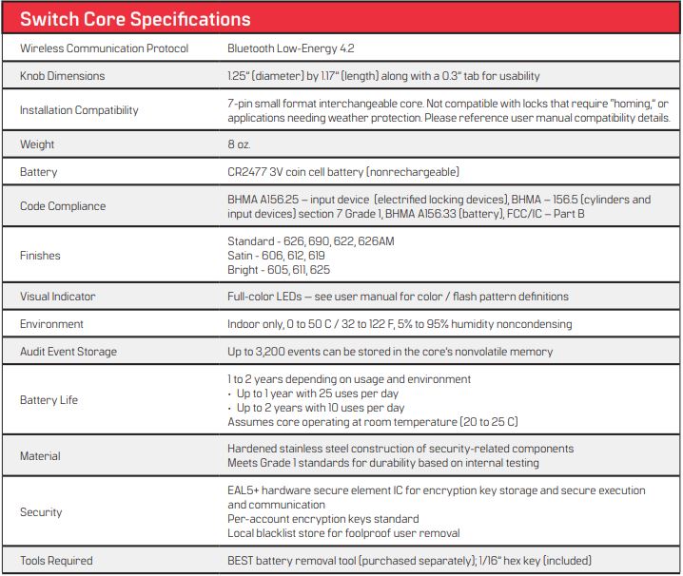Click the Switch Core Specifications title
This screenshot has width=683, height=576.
pyautogui.click(x=135, y=19)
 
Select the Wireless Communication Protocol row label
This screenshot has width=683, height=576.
pyautogui.click(x=104, y=48)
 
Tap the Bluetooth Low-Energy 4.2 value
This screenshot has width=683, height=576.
pyautogui.click(x=290, y=48)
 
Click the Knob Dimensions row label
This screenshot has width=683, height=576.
pyautogui.click(x=62, y=76)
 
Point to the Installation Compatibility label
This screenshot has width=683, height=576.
pyautogui.click(x=79, y=110)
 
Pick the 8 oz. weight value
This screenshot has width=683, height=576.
pyautogui.click(x=239, y=144)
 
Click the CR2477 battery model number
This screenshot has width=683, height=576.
pyautogui.click(x=247, y=172)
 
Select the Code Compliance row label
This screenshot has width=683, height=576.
pyautogui.click(x=63, y=206)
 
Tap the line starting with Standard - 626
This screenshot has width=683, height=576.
pyautogui.click(x=310, y=241)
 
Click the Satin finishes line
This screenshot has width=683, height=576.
pyautogui.click(x=276, y=256)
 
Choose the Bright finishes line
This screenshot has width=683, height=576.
pyautogui.click(x=279, y=270)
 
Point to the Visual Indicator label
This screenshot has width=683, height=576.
pyautogui.click(x=57, y=297)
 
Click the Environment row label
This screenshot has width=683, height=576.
pyautogui.click(x=51, y=324)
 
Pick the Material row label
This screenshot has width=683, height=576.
pyautogui.click(x=40, y=456)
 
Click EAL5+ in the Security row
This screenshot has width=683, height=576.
pyautogui.click(x=244, y=490)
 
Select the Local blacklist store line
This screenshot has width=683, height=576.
pyautogui.click(x=343, y=533)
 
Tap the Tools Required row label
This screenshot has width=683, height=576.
pyautogui.click(x=56, y=561)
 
